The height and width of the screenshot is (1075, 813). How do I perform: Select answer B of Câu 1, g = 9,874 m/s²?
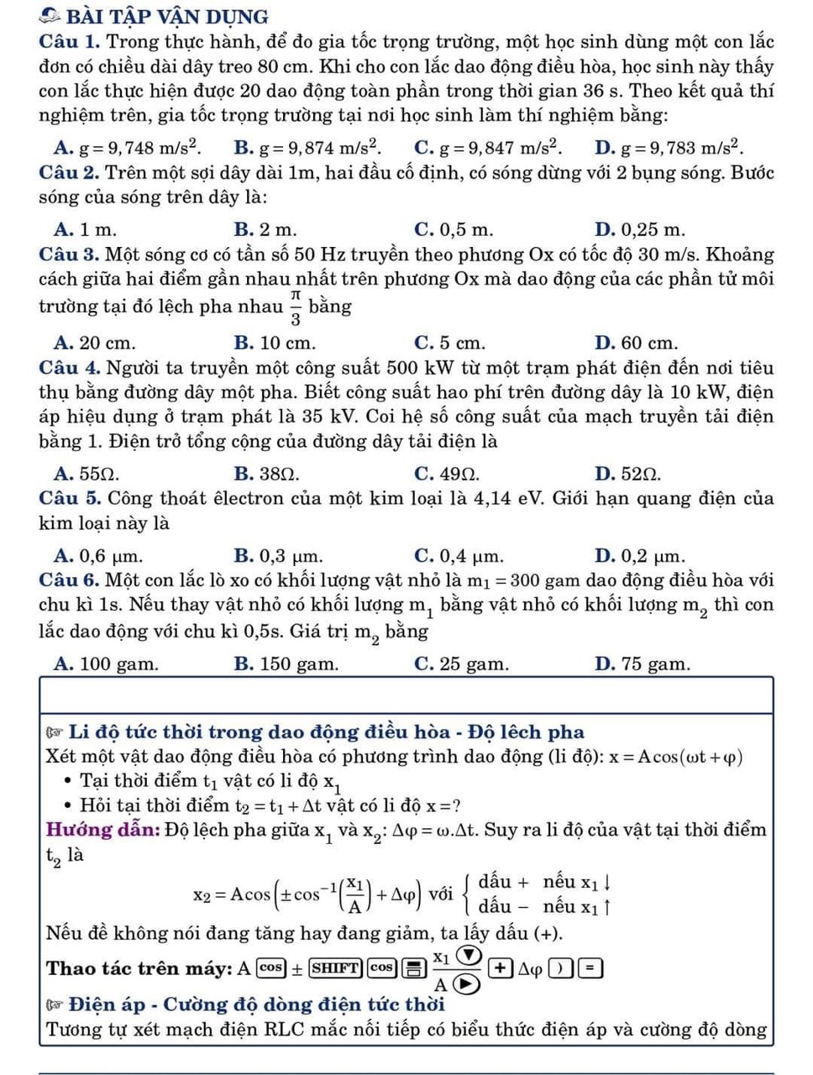tap(307, 148)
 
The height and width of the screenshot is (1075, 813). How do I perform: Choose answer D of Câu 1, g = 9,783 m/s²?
tap(669, 148)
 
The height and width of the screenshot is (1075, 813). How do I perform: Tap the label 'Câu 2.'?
tap(70, 174)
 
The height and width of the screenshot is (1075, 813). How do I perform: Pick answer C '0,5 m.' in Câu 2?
tap(454, 229)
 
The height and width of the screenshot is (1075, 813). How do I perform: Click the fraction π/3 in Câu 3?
tap(296, 307)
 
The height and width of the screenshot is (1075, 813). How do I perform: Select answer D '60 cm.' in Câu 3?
tap(636, 343)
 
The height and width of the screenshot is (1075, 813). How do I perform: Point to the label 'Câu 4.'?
tap(70, 368)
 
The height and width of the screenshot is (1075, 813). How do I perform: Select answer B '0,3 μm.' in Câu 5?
tap(278, 555)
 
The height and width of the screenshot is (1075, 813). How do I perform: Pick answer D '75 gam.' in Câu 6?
tap(642, 664)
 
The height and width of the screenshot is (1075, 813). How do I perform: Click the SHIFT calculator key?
tap(335, 967)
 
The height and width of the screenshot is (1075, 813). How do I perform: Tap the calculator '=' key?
tap(590, 967)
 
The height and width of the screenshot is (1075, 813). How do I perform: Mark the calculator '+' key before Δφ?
tap(501, 967)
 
